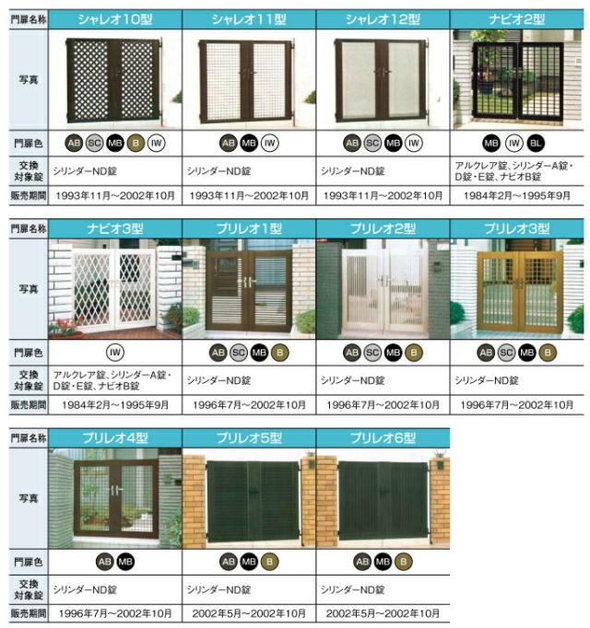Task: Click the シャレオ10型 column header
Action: pyautogui.click(x=114, y=19)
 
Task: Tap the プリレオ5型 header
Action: pyautogui.click(x=249, y=437)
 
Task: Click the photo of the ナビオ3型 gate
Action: pyautogui.click(x=114, y=288)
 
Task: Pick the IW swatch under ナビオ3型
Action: pyautogui.click(x=115, y=352)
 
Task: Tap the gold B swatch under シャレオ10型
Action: pyautogui.click(x=135, y=144)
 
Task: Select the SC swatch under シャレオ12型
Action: pyautogui.click(x=372, y=144)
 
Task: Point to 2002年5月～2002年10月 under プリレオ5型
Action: pyautogui.click(x=249, y=612)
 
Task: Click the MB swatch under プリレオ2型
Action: pyautogui.click(x=394, y=352)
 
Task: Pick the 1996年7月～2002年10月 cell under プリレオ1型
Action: pyautogui.click(x=249, y=404)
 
